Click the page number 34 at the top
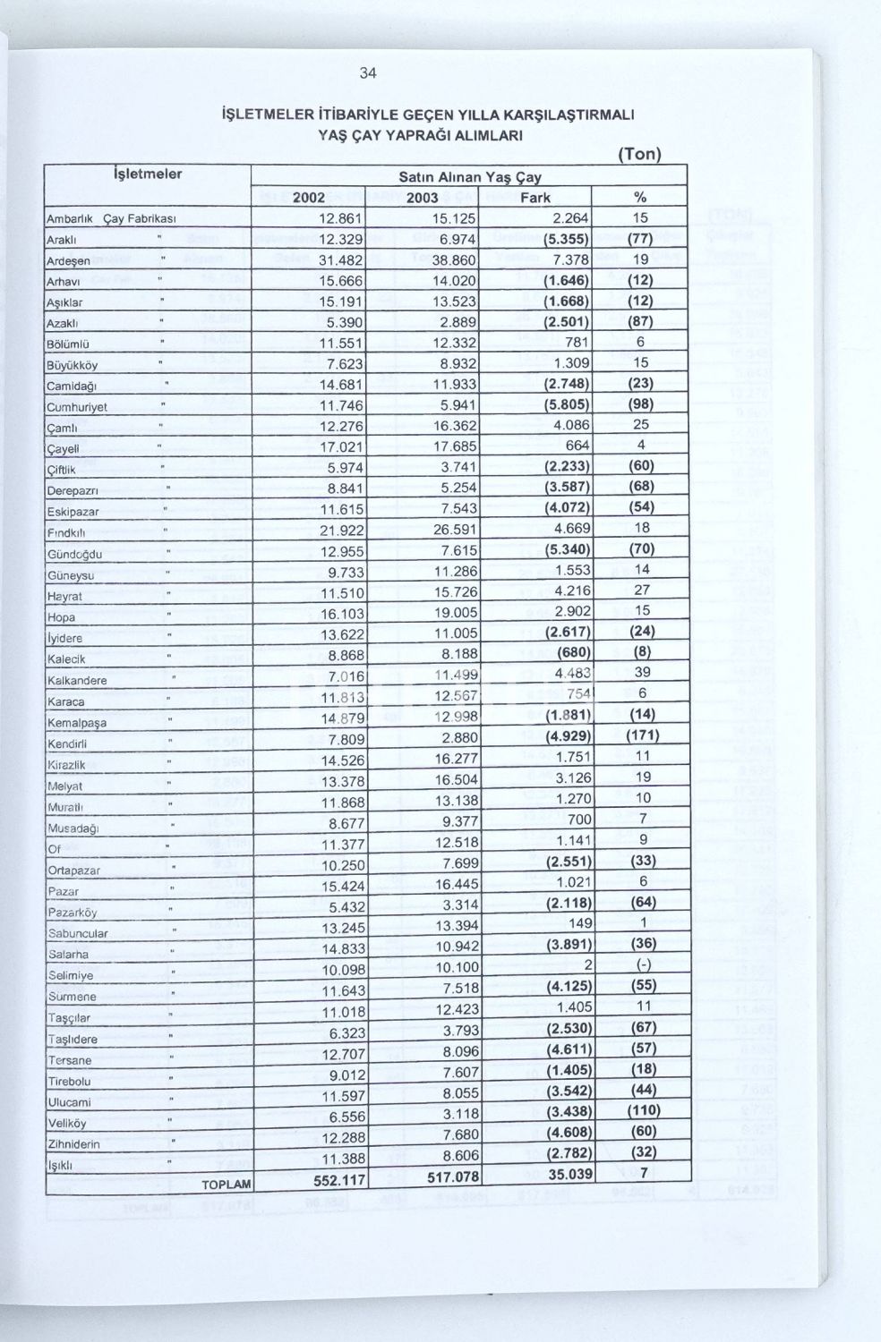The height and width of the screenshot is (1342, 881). (368, 73)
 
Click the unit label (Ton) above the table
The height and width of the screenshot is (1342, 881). (639, 154)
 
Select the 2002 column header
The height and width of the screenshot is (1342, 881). (309, 197)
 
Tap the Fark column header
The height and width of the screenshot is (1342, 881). (535, 197)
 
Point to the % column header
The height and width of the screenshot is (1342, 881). (640, 197)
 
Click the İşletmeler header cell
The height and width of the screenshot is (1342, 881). (148, 174)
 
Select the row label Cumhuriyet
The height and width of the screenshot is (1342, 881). (77, 407)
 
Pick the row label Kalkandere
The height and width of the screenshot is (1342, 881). (77, 681)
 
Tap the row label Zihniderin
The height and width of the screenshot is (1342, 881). (73, 1144)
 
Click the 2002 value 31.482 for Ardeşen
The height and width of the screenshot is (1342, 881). (340, 259)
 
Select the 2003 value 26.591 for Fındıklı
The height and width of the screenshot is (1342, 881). (454, 530)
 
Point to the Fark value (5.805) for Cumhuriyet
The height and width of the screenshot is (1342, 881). (566, 404)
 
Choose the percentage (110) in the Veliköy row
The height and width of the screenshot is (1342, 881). (640, 1110)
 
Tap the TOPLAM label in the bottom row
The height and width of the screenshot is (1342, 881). (226, 1185)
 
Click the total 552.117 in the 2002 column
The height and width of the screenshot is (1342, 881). (339, 1180)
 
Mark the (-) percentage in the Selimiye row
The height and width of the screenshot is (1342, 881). (641, 964)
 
